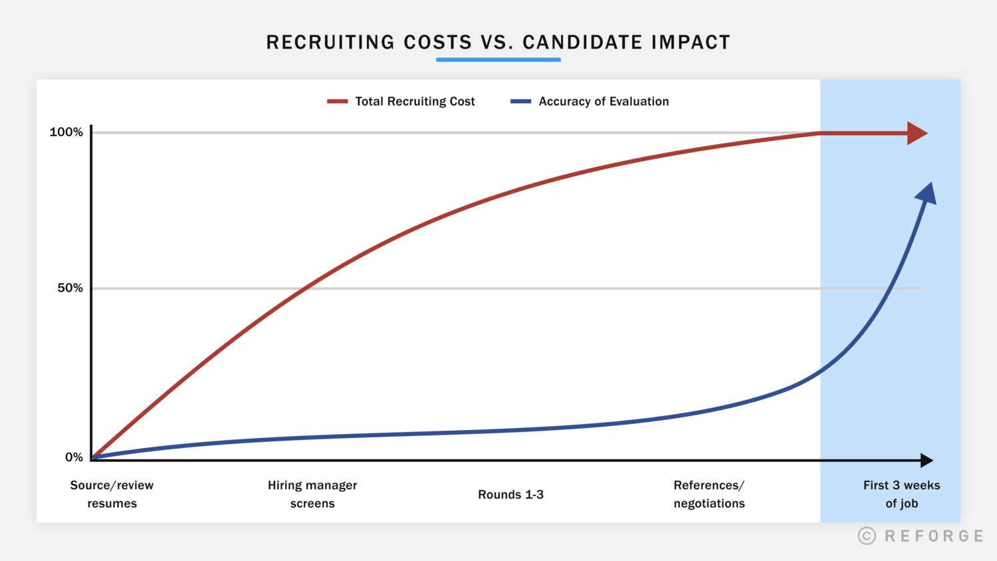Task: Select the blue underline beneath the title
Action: tap(498, 60)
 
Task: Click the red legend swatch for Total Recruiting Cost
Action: tap(337, 102)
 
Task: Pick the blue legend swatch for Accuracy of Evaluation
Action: tap(520, 102)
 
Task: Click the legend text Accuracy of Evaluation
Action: tap(604, 102)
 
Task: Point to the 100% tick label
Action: tap(66, 132)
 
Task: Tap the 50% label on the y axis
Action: tap(70, 288)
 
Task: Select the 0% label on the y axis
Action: tap(74, 457)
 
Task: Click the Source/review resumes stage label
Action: tap(112, 495)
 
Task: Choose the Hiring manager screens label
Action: tap(312, 495)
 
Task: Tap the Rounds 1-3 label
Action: tap(510, 495)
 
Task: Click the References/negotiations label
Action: tap(709, 495)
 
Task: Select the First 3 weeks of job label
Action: tap(901, 495)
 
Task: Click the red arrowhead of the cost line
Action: tap(917, 133)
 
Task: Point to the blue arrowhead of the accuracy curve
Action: tap(927, 194)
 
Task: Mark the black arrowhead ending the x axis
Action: tap(927, 460)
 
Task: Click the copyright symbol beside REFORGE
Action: tap(867, 536)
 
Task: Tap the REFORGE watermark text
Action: tap(934, 536)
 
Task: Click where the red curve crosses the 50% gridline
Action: tap(303, 288)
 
